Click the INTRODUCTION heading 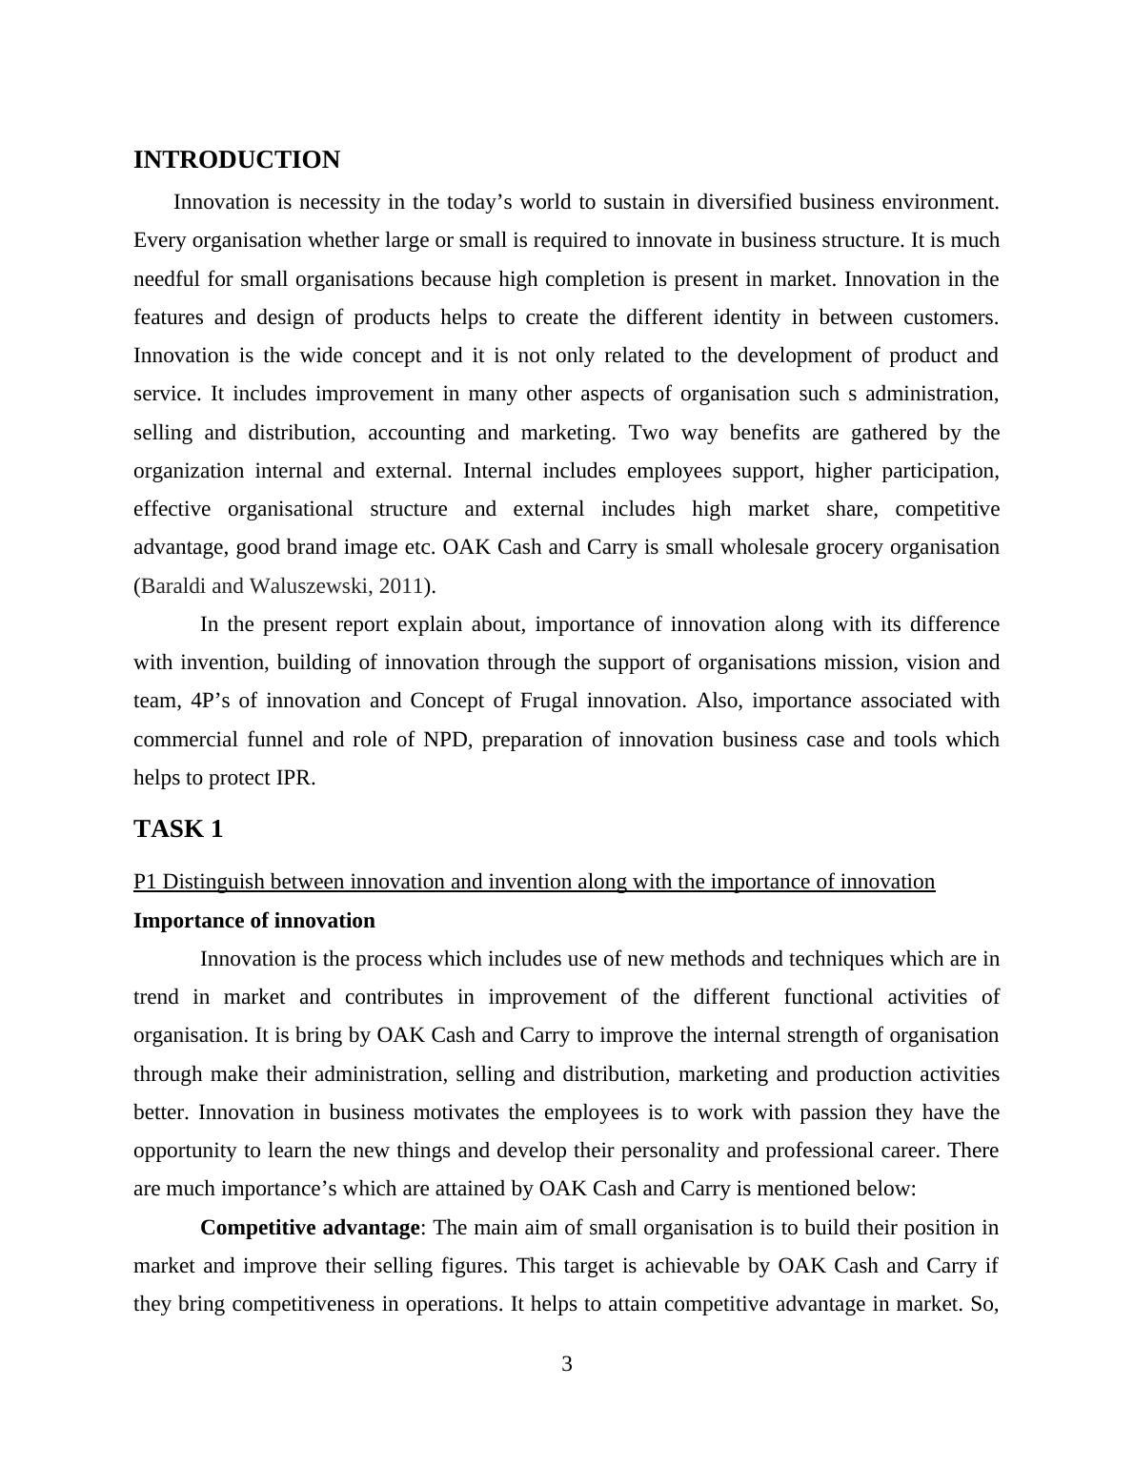236,160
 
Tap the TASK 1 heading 178,829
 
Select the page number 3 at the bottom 567,1364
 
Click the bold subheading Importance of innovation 254,921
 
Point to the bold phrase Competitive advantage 310,1228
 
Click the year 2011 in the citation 400,586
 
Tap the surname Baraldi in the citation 173,586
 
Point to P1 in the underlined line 146,882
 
